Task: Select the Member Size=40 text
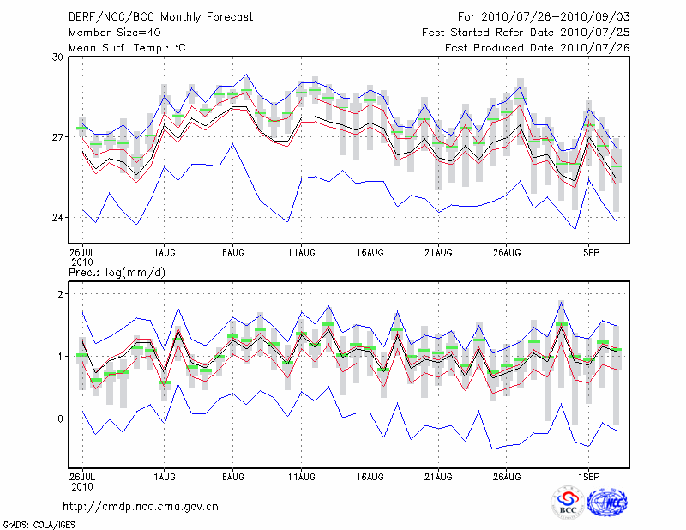pyautogui.click(x=114, y=32)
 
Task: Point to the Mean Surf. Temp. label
pyautogui.click(x=127, y=47)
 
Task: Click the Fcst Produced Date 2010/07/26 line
pyautogui.click(x=537, y=47)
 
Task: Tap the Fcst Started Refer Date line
pyautogui.click(x=526, y=32)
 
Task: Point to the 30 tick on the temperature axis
pyautogui.click(x=57, y=57)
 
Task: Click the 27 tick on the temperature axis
pyautogui.click(x=57, y=137)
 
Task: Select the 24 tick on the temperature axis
pyautogui.click(x=57, y=218)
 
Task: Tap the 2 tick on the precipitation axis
pyautogui.click(x=61, y=294)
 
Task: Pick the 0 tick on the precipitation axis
pyautogui.click(x=61, y=419)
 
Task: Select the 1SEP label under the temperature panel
pyautogui.click(x=588, y=253)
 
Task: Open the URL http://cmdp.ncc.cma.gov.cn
pyautogui.click(x=140, y=506)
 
